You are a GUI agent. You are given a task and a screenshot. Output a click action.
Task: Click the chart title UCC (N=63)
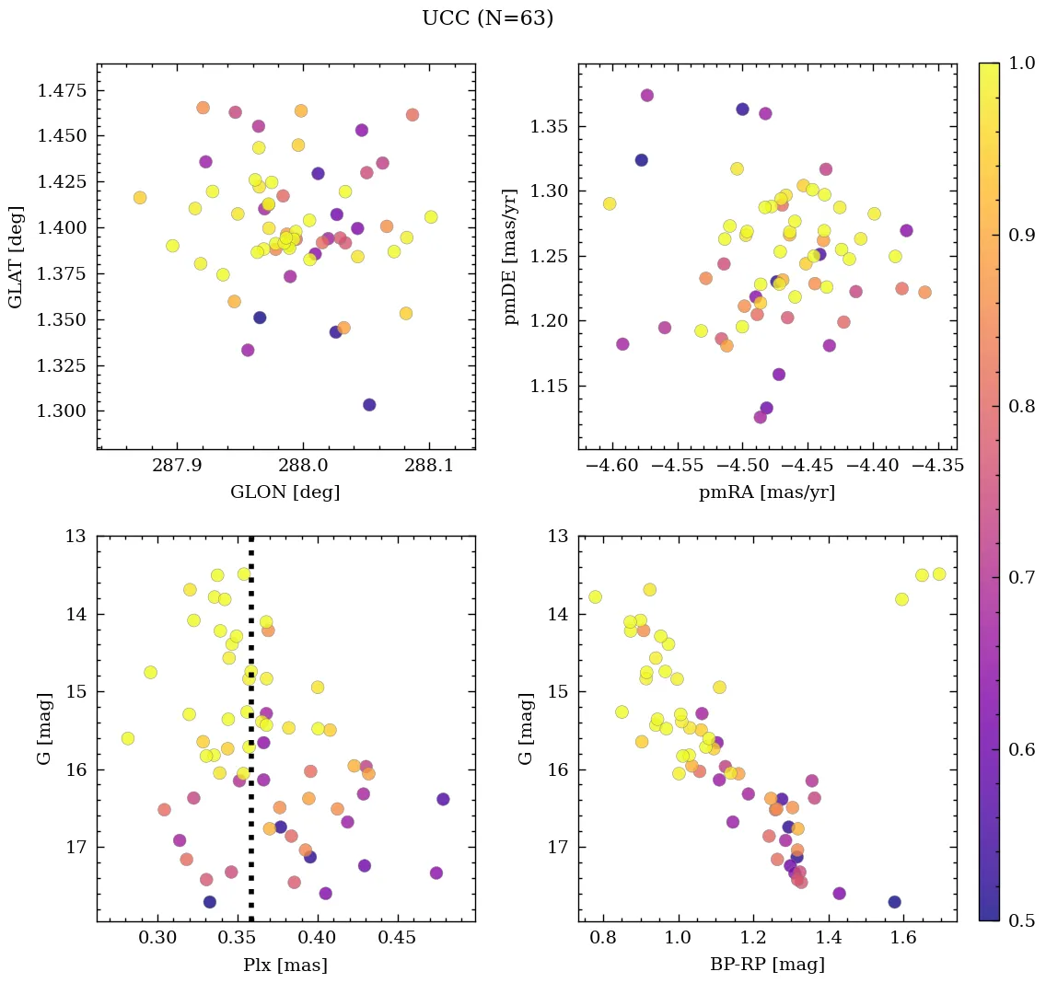point(487,18)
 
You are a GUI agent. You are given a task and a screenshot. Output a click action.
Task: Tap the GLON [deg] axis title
point(285,492)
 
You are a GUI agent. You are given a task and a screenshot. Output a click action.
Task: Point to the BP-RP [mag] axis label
point(767,965)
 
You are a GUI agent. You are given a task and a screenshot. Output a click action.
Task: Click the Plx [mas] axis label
point(285,965)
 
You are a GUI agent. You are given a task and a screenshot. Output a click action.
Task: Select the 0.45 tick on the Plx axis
point(398,940)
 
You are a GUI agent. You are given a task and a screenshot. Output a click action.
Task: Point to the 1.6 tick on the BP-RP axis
point(904,940)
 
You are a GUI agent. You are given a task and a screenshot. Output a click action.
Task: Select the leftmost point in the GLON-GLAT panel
point(140,198)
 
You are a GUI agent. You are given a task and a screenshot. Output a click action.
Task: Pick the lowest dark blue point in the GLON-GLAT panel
point(369,405)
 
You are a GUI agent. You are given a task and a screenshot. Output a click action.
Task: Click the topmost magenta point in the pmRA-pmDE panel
point(647,96)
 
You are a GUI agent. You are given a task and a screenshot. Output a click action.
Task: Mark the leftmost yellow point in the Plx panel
point(128,738)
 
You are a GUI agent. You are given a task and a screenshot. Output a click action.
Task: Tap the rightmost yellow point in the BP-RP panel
point(939,574)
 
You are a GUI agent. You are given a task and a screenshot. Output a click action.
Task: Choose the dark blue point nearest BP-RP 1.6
point(894,902)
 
